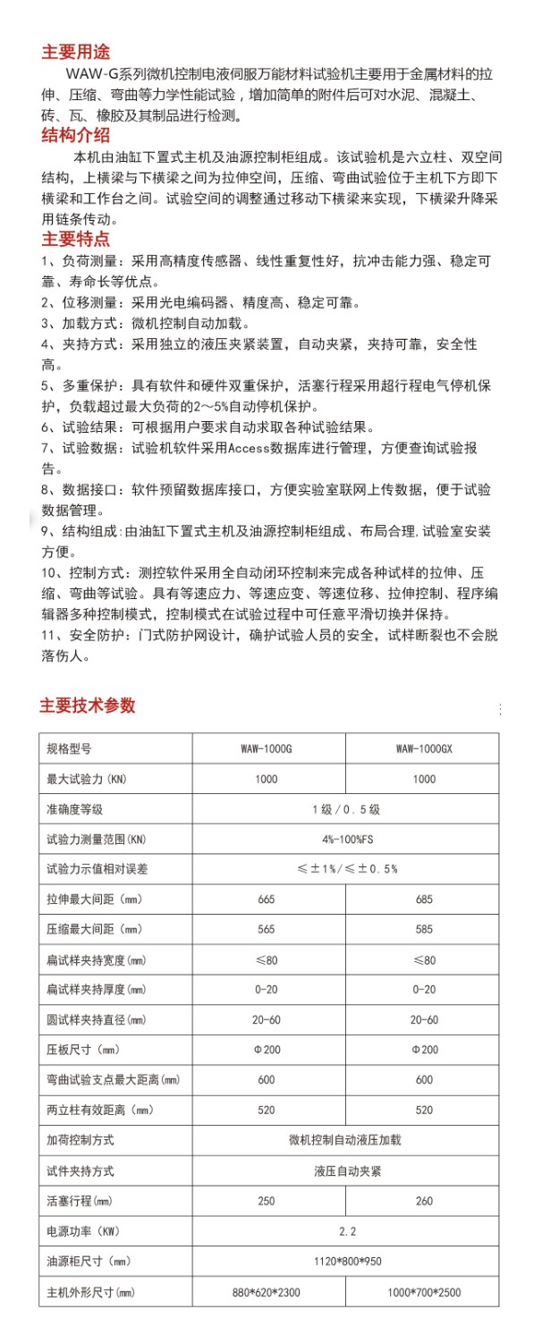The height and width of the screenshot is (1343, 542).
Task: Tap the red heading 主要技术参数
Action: [87, 705]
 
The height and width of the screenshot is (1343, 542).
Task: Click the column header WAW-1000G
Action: [267, 748]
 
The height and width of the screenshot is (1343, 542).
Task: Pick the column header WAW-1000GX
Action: [424, 748]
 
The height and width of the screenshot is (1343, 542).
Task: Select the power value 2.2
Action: [347, 1231]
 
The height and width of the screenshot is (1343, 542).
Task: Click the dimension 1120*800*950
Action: [347, 1262]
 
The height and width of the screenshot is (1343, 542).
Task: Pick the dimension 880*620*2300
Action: [267, 1292]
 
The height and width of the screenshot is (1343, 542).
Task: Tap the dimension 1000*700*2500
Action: [424, 1292]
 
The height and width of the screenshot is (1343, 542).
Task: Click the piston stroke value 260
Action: [424, 1201]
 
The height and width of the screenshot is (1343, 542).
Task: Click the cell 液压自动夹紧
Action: [347, 1170]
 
